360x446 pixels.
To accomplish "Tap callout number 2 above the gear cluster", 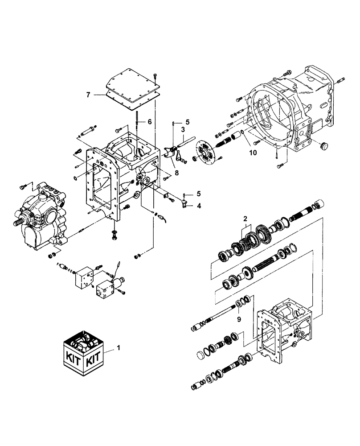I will click(245, 219).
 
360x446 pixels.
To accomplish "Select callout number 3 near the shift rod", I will click(182, 129).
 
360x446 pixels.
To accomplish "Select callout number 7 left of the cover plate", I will click(89, 94).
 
